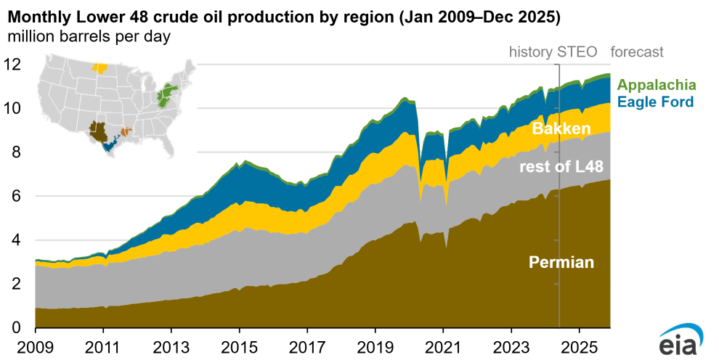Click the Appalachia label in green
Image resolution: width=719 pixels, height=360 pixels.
(x=657, y=85)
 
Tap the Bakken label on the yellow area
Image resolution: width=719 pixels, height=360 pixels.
(x=561, y=128)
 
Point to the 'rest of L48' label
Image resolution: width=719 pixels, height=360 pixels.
(x=561, y=167)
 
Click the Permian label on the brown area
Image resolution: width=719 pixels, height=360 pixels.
(x=561, y=262)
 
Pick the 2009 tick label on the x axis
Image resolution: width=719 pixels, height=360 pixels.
(x=35, y=347)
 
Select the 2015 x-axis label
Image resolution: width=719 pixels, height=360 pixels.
(x=239, y=347)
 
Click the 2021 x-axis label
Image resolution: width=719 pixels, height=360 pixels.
(x=443, y=347)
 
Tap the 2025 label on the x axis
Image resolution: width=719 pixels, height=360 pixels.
(x=579, y=347)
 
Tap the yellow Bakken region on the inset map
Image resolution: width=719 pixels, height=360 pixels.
(x=100, y=67)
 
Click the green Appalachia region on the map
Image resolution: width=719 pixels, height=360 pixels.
(x=166, y=96)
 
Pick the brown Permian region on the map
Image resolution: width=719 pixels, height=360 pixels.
(x=99, y=131)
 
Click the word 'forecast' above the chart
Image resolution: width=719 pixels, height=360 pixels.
(x=636, y=52)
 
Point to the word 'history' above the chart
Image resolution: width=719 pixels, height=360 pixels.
(x=531, y=52)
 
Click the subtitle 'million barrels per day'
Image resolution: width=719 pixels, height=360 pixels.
(x=89, y=36)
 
